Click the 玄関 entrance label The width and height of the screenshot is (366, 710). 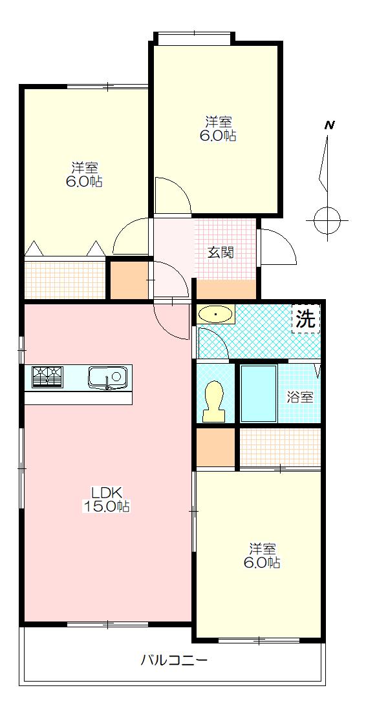click(x=221, y=253)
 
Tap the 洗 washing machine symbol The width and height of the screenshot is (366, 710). click(x=306, y=319)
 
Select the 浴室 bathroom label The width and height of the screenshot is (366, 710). click(x=299, y=397)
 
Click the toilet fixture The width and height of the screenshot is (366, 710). click(x=214, y=401)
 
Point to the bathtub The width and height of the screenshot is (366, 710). click(x=259, y=393)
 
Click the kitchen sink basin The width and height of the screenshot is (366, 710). click(x=108, y=378)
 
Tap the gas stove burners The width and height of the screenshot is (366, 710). click(x=48, y=377)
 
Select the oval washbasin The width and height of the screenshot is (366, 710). click(x=216, y=314)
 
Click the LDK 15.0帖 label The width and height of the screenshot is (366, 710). click(x=105, y=499)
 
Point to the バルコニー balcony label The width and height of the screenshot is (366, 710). click(x=173, y=660)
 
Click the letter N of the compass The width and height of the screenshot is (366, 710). click(x=330, y=125)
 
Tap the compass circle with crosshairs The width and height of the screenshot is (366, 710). click(x=327, y=220)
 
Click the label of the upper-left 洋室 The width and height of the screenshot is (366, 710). click(x=86, y=174)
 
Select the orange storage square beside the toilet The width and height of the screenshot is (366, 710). click(x=215, y=447)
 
